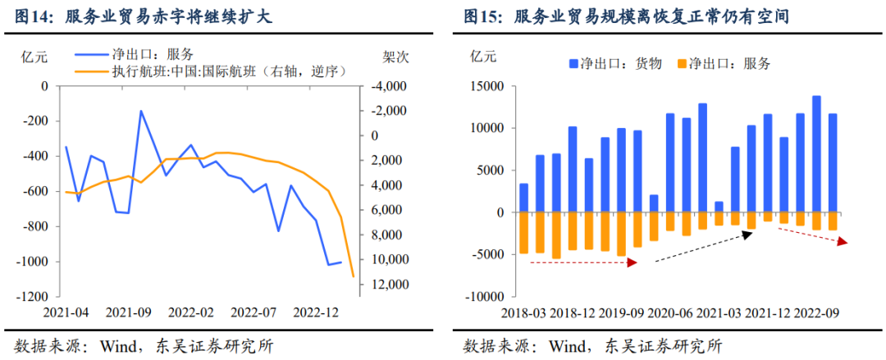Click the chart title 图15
point(483,16)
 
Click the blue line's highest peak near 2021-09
point(140,111)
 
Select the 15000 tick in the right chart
point(487,86)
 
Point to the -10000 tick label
point(485,297)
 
